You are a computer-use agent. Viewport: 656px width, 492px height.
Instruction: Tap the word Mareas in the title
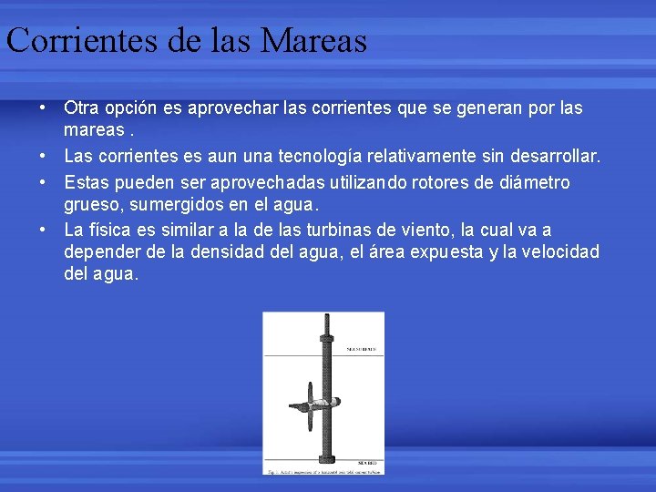coord(313,41)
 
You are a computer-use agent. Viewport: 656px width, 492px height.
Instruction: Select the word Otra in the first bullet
coord(83,108)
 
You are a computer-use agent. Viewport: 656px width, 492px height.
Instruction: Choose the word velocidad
coord(556,252)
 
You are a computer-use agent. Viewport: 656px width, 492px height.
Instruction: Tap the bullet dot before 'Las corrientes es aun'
coord(42,158)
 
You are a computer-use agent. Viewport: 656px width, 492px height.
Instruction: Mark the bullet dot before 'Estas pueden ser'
coord(42,182)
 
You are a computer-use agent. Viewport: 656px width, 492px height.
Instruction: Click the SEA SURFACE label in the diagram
coord(362,349)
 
